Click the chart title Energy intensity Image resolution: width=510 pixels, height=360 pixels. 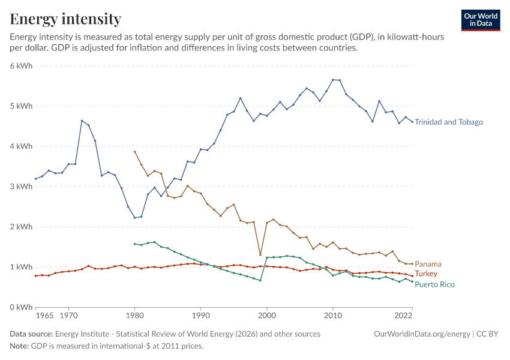[x=65, y=19]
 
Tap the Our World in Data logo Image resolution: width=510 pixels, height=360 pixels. [x=481, y=20]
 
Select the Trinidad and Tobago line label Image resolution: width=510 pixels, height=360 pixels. [x=449, y=122]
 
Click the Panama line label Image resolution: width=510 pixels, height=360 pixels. [x=428, y=264]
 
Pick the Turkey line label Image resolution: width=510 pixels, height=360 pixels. [x=426, y=274]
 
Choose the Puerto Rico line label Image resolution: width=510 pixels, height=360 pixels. [x=434, y=284]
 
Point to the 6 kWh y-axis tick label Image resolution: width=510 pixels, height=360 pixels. [x=21, y=65]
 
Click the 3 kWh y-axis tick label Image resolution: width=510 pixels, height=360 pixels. [x=21, y=187]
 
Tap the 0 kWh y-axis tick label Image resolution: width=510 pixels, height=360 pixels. [x=21, y=307]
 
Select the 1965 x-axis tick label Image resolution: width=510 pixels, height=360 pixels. [x=44, y=316]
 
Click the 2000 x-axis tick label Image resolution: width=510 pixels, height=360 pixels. [x=267, y=316]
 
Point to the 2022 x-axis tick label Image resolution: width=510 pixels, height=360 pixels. [x=403, y=316]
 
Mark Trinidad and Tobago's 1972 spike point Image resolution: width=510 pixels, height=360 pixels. [x=82, y=121]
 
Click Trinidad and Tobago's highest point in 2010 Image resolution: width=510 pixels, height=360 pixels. [x=333, y=80]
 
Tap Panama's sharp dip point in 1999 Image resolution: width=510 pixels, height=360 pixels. [x=260, y=254]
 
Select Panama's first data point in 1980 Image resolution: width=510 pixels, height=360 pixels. [x=134, y=152]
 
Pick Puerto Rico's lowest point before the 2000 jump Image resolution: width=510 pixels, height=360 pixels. [x=260, y=280]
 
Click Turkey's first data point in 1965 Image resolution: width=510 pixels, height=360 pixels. [x=36, y=276]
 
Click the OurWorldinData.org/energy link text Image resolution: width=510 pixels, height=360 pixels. [x=422, y=334]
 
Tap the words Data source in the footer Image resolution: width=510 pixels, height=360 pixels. [x=31, y=334]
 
